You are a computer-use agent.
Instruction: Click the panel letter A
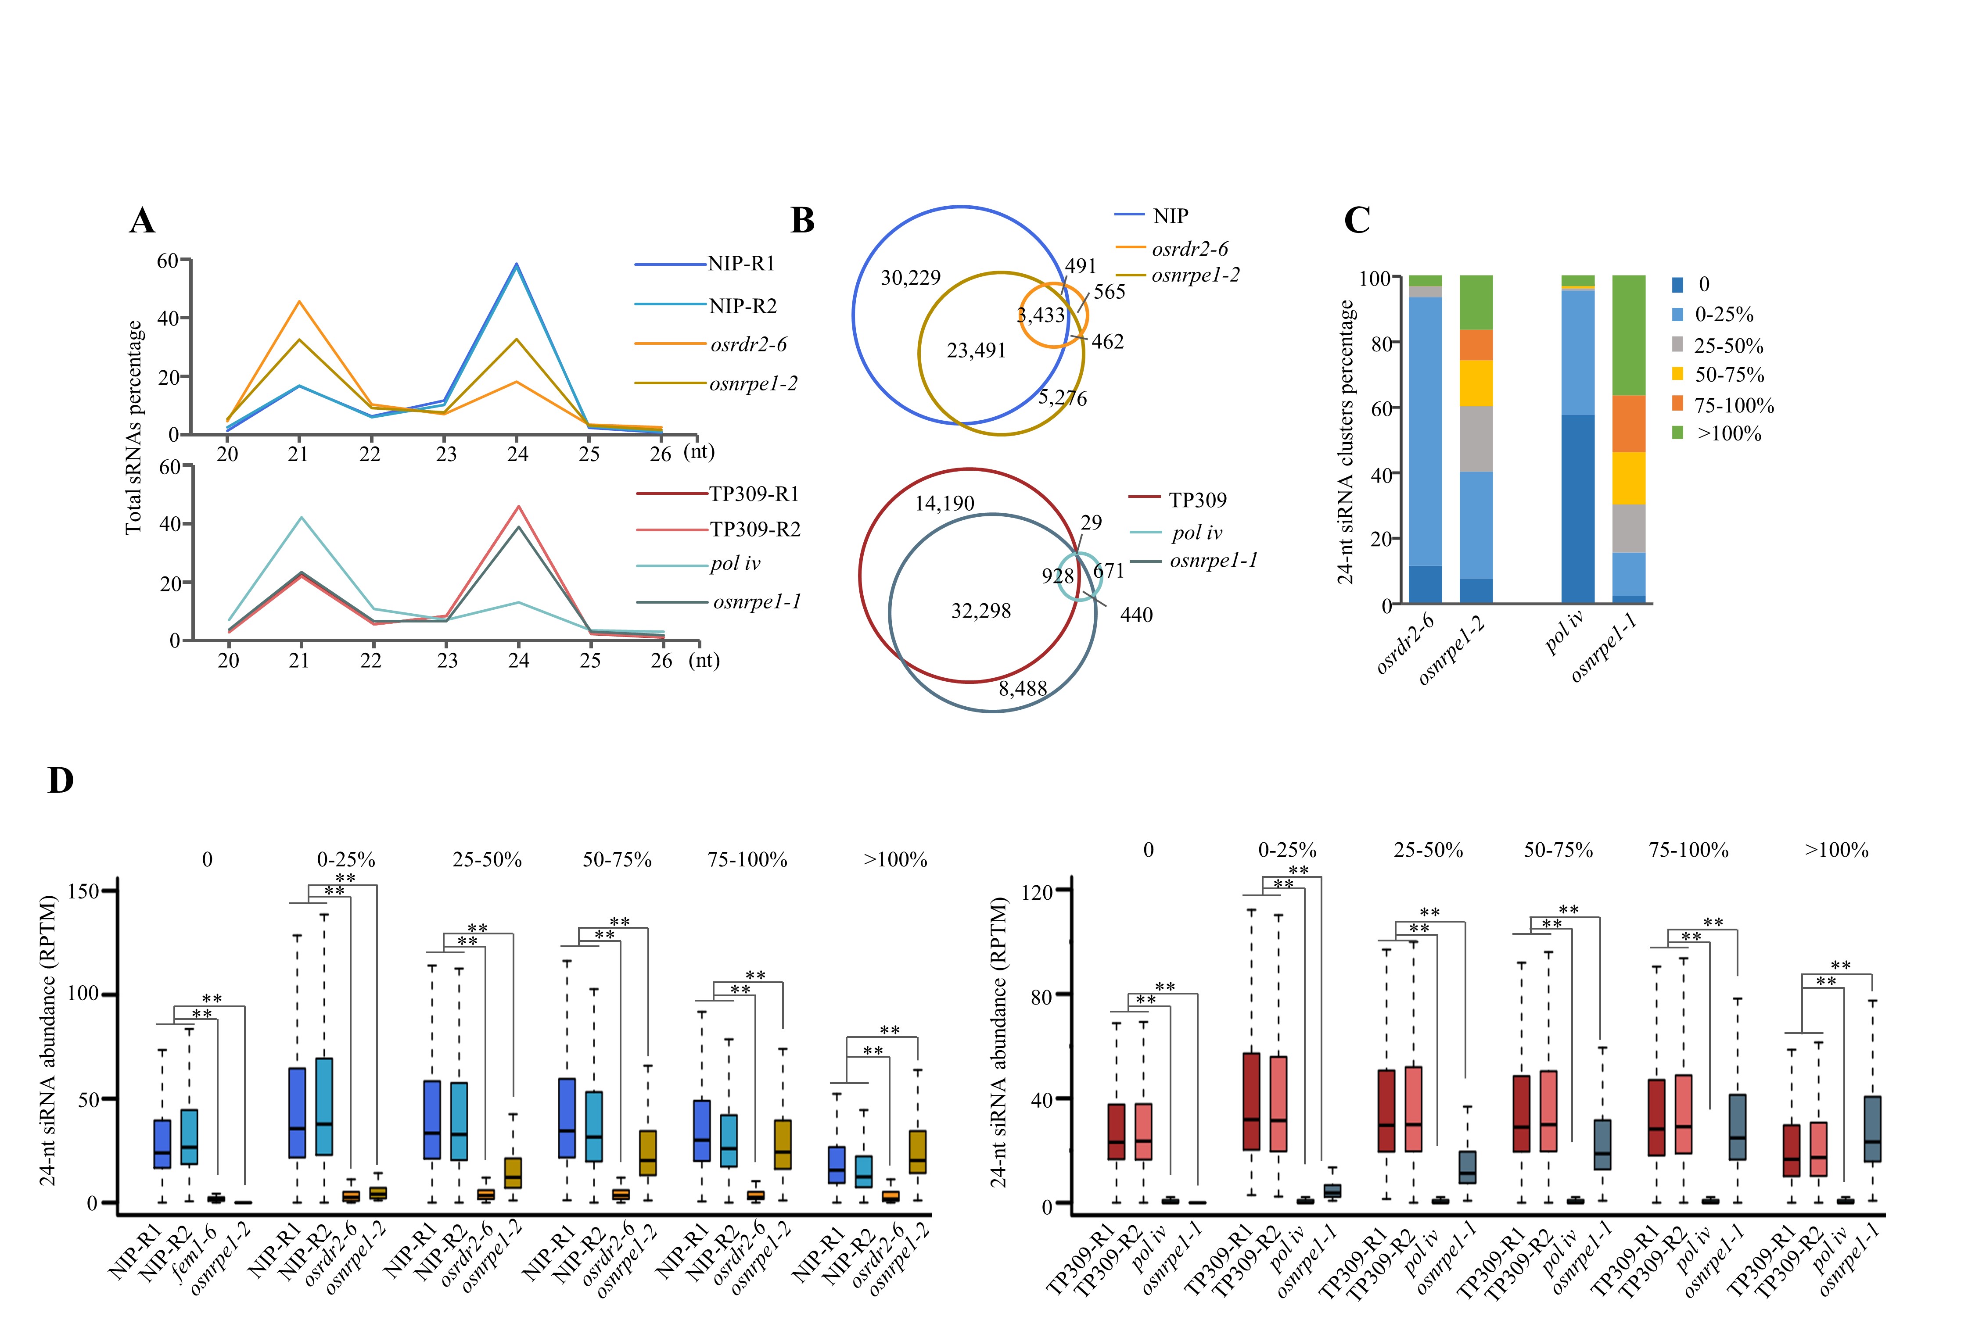[142, 221]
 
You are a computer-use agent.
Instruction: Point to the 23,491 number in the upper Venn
[976, 351]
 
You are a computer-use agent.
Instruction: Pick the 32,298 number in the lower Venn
[980, 611]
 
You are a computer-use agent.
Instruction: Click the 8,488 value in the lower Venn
[1023, 689]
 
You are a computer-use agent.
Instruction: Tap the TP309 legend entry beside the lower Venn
[1197, 500]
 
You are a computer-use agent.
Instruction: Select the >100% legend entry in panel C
[1728, 434]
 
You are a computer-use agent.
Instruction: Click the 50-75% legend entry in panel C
[1729, 375]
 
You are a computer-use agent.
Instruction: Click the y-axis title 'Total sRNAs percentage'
[134, 427]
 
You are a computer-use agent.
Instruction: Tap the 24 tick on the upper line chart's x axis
[517, 454]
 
